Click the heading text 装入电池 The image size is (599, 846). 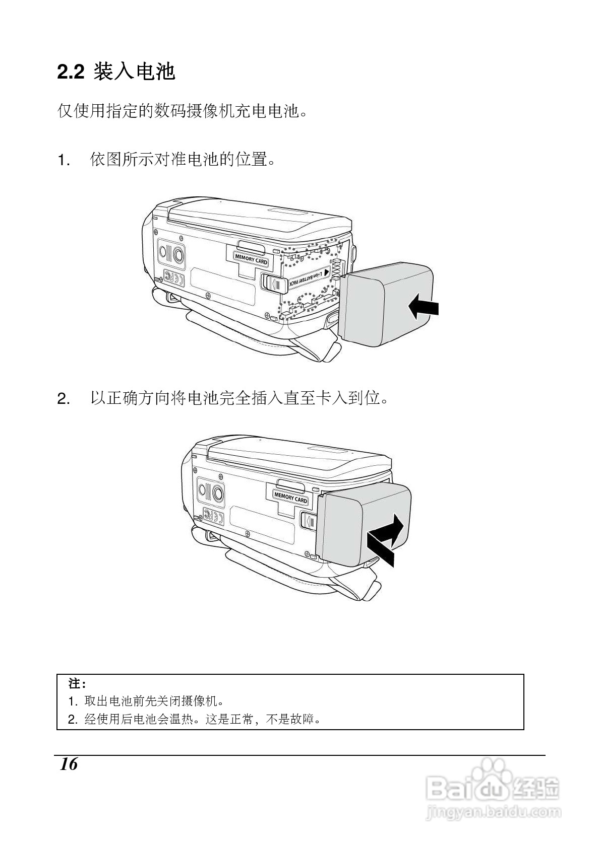(135, 72)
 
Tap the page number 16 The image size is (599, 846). (69, 764)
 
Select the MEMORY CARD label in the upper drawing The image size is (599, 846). (251, 260)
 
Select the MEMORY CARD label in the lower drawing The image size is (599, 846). (290, 498)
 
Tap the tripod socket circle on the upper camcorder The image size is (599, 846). (178, 256)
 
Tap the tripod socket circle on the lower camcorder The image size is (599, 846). (218, 493)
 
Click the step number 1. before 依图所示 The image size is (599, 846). (64, 161)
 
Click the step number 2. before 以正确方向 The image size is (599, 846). (64, 400)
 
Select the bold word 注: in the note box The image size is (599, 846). (77, 684)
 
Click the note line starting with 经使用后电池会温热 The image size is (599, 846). (202, 719)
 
